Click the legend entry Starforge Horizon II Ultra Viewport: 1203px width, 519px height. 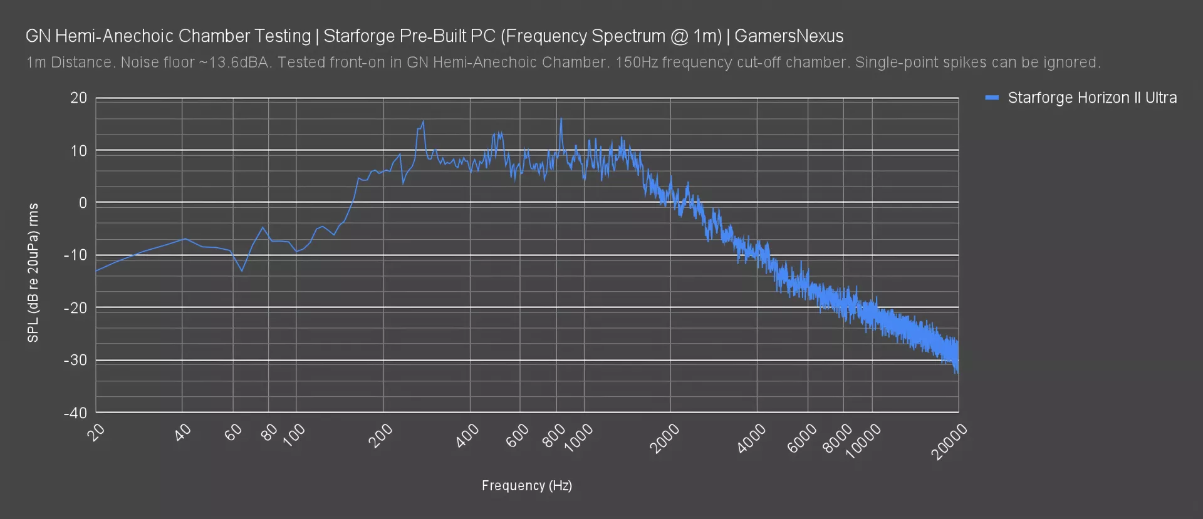[x=1091, y=98]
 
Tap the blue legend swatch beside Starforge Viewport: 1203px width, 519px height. [x=991, y=98]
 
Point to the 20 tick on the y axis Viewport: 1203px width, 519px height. [x=79, y=98]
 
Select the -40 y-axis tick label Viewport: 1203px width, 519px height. [x=76, y=413]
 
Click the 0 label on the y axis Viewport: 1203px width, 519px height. [x=83, y=203]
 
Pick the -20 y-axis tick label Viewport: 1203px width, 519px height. [x=76, y=307]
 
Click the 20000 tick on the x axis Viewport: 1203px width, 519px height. [x=950, y=442]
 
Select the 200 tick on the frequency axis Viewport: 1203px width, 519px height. [x=380, y=436]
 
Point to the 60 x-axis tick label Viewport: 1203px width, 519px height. [x=233, y=433]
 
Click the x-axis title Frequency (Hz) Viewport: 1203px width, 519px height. [x=526, y=485]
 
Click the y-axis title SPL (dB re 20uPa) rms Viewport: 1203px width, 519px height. [x=33, y=273]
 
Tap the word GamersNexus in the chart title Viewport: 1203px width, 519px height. [x=789, y=36]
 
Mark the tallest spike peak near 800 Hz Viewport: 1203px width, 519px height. [x=561, y=119]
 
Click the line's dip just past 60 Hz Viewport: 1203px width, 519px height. [x=242, y=271]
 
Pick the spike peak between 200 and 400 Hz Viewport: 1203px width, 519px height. [x=424, y=121]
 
